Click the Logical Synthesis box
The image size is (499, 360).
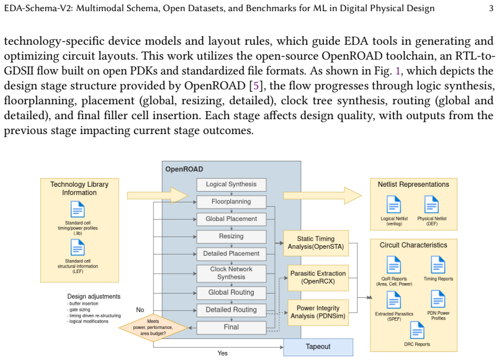click(x=232, y=184)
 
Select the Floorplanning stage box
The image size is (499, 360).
click(x=232, y=202)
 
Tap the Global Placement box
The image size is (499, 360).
click(x=232, y=219)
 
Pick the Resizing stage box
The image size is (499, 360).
click(x=232, y=236)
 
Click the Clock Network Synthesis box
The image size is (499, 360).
click(x=232, y=274)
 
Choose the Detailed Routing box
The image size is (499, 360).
click(x=232, y=310)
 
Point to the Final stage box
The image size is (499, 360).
click(x=232, y=328)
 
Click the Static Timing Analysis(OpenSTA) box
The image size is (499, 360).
click(x=316, y=243)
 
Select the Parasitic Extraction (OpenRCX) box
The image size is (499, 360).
click(x=318, y=278)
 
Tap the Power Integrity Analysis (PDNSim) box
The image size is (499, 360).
click(x=318, y=313)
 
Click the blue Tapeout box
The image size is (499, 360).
click(x=318, y=347)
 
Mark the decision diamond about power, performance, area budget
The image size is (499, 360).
click(x=153, y=328)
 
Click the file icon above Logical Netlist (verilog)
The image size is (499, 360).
click(x=393, y=204)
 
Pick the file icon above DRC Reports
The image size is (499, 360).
click(x=417, y=330)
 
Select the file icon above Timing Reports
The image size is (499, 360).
click(x=438, y=265)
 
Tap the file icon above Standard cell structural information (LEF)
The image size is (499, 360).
click(x=78, y=247)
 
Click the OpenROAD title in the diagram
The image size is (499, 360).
click(x=184, y=169)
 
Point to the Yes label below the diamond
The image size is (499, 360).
click(x=222, y=353)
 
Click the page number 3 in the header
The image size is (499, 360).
click(x=492, y=8)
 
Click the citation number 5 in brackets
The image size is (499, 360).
click(x=256, y=86)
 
